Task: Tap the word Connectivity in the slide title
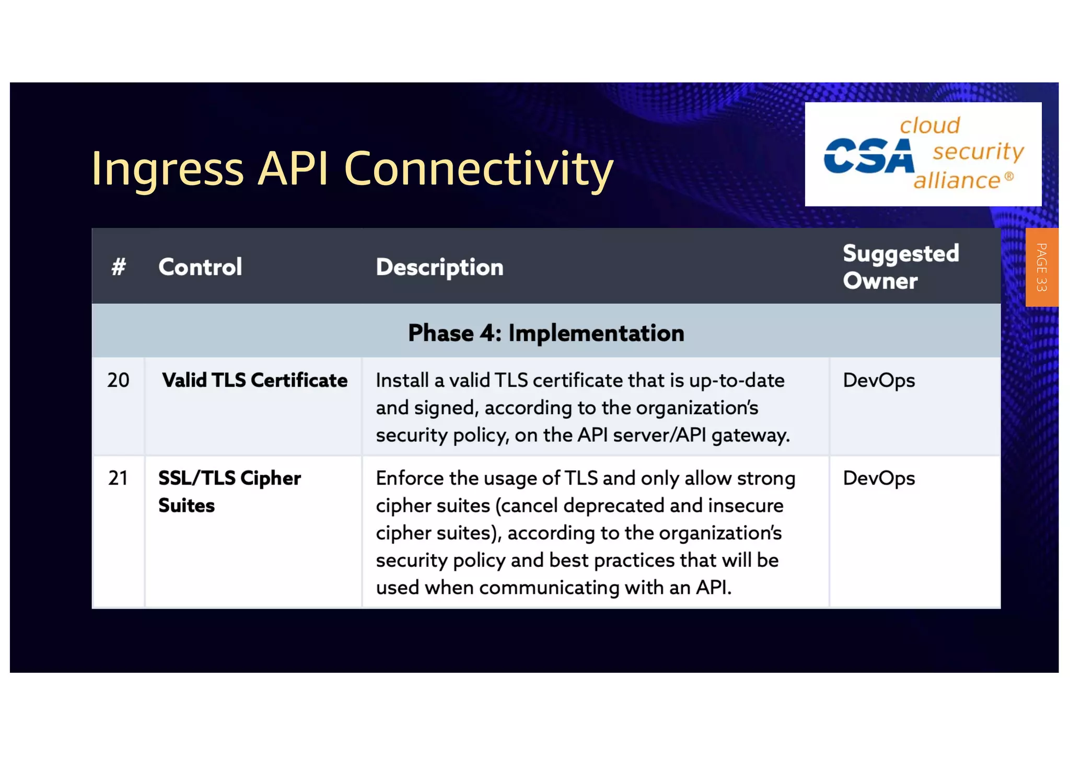[x=478, y=168]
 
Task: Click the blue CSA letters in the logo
[x=868, y=156]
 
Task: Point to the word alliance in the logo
[x=956, y=181]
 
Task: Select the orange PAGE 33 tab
[x=1041, y=267]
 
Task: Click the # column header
[x=119, y=267]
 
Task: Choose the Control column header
[x=200, y=267]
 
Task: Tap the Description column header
[x=439, y=267]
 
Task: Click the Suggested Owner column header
[x=901, y=267]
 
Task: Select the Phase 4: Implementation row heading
[x=546, y=333]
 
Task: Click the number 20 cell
[x=118, y=380]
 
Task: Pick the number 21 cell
[x=118, y=478]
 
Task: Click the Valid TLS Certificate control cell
[x=254, y=380]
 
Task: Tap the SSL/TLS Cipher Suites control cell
[x=229, y=491]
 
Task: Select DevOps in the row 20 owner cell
[x=879, y=381]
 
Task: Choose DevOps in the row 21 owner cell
[x=879, y=478]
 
